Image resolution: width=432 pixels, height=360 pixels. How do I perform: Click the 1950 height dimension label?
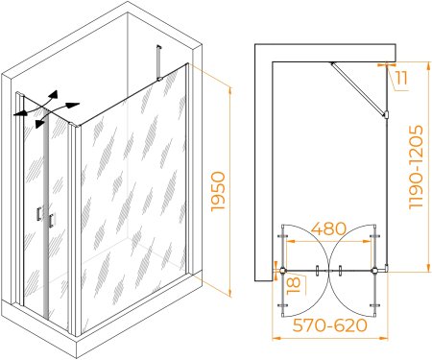click(x=218, y=191)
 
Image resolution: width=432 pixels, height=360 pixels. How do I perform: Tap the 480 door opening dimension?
click(x=328, y=228)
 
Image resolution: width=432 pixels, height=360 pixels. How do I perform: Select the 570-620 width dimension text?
click(x=329, y=325)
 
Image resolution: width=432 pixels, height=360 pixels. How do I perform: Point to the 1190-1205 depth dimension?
click(x=417, y=167)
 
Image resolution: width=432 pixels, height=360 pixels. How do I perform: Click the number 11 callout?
click(x=401, y=78)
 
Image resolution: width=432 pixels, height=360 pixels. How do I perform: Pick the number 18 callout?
click(x=294, y=285)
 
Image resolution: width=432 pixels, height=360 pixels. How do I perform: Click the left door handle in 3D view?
click(x=38, y=213)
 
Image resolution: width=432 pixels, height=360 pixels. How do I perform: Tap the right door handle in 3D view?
click(x=51, y=220)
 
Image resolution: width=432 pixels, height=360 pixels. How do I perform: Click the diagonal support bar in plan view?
click(x=358, y=88)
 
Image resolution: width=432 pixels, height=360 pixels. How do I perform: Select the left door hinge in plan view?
click(x=282, y=271)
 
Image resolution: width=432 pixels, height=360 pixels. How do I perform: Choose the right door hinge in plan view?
click(x=374, y=271)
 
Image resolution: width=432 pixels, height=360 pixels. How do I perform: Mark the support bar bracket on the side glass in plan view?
click(x=386, y=114)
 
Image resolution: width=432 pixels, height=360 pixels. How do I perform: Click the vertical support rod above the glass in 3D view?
click(x=157, y=62)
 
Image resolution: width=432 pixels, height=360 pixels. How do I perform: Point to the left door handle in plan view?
click(x=317, y=271)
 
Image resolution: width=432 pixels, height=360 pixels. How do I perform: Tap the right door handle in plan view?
click(x=340, y=271)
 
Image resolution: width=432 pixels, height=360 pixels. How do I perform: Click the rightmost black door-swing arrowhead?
click(x=73, y=105)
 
